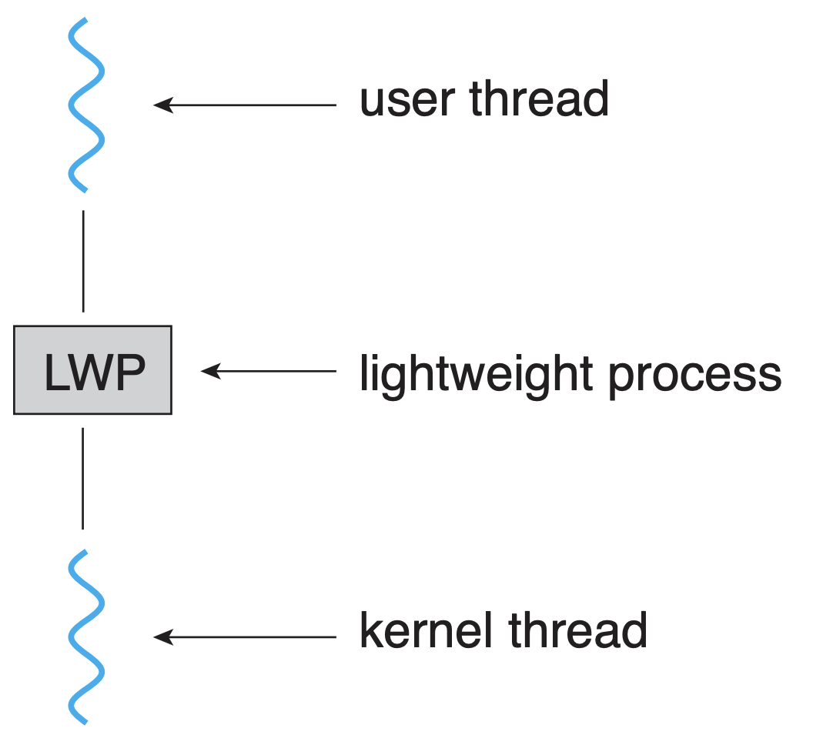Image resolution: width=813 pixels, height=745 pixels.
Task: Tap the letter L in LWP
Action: [x=56, y=374]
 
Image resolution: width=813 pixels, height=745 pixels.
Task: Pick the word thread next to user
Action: [x=538, y=99]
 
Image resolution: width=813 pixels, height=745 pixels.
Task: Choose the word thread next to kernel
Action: [x=577, y=630]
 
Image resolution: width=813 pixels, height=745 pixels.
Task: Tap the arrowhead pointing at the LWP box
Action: [x=210, y=371]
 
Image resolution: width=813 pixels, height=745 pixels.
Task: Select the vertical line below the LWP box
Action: [x=83, y=478]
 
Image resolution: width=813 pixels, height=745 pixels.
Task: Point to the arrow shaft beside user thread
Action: [x=254, y=105]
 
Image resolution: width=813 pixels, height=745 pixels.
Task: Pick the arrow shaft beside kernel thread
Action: [x=254, y=637]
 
